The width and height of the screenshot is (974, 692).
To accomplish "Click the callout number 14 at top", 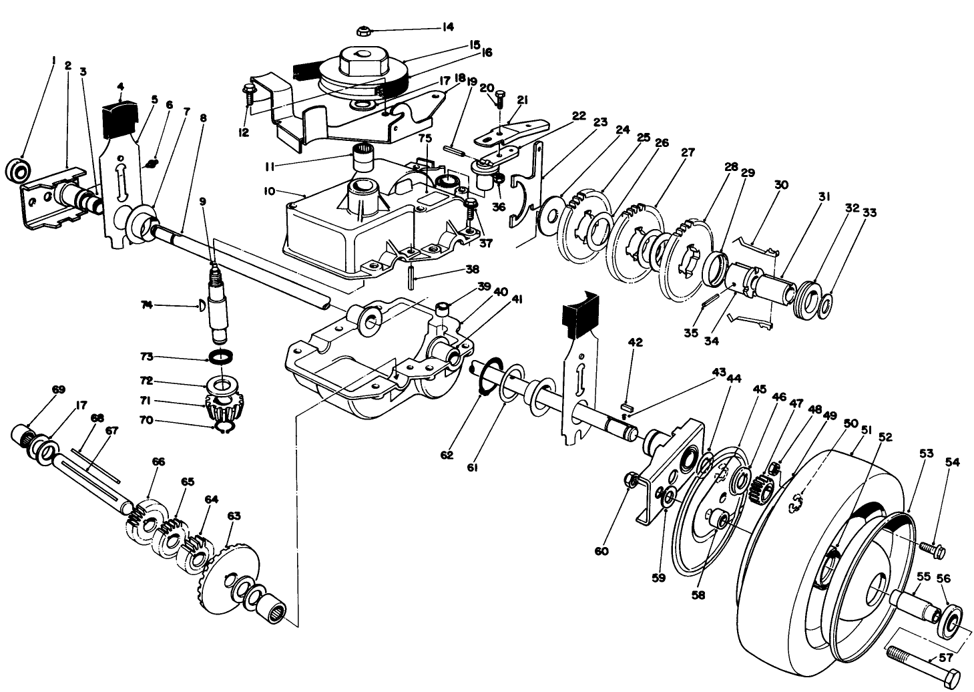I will coord(447,27).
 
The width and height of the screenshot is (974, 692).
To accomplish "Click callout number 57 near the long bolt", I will coord(946,657).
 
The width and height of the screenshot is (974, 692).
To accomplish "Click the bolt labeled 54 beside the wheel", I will coord(932,549).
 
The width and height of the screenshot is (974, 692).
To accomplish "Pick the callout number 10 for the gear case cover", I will coord(270,192).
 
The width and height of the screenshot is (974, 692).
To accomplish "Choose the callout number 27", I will coord(687,152).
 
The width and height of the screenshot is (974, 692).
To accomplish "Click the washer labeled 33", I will coord(826,305).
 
